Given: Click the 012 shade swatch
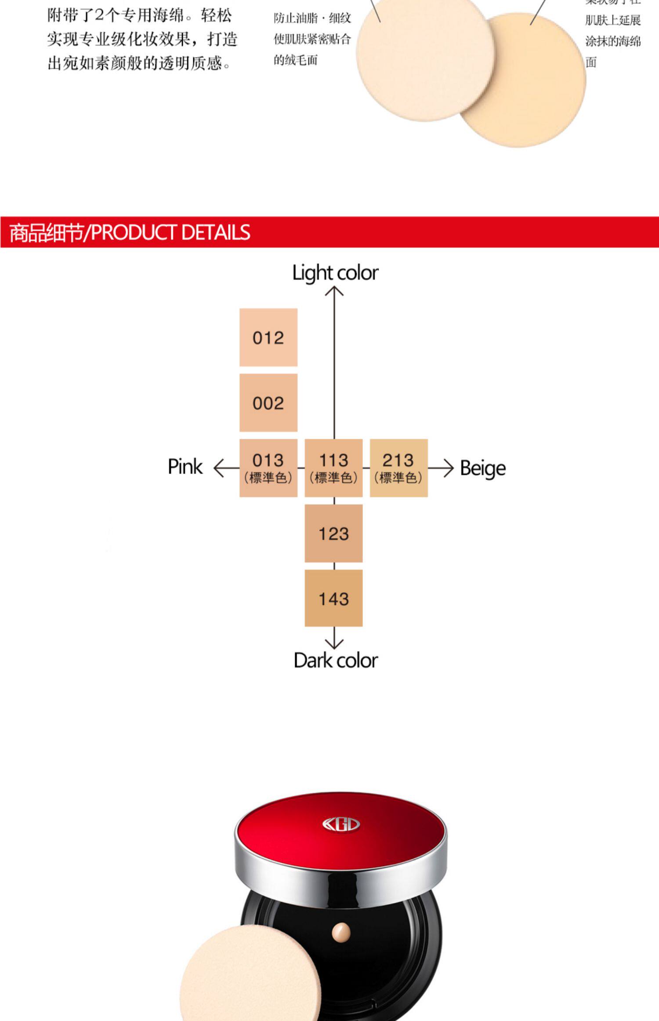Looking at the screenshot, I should [268, 337].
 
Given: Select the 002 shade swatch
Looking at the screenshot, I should [268, 402].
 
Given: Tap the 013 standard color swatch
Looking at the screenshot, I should [268, 467].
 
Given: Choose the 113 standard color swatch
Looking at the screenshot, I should [333, 467].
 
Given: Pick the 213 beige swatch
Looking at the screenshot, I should [398, 467].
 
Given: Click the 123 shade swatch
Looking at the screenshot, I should [333, 533].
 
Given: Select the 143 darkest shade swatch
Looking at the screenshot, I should [333, 598].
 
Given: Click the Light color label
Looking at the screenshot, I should [335, 273].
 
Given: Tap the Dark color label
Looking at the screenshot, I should [336, 660].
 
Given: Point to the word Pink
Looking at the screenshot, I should [185, 467].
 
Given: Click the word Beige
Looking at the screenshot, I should [482, 468].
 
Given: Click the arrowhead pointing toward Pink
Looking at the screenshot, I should [217, 468].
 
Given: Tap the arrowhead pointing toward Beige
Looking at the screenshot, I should [449, 468].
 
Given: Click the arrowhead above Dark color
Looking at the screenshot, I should [334, 645].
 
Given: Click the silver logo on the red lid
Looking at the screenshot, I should [341, 825].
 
